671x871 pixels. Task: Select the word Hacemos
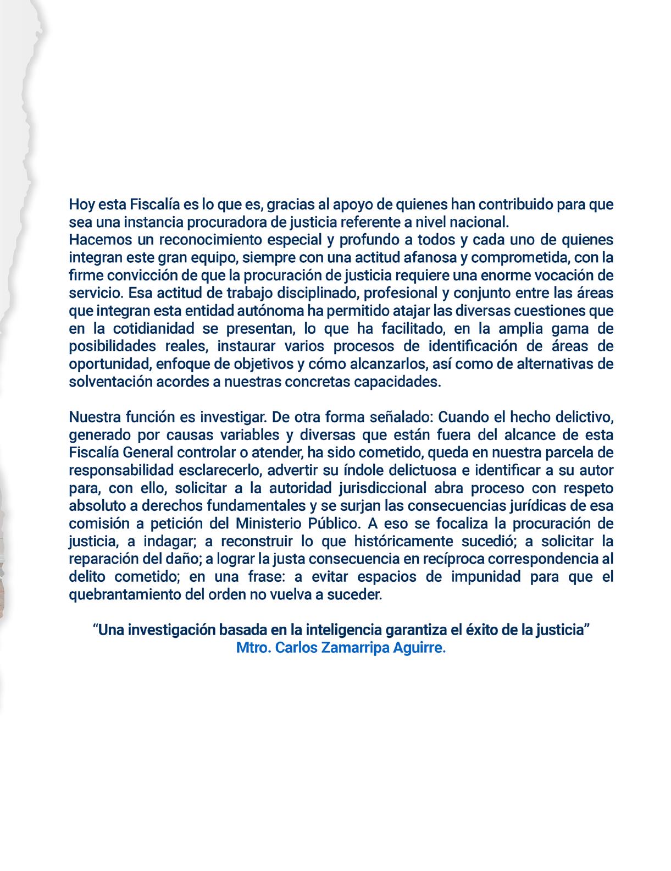96,241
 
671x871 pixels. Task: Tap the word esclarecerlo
220,471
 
